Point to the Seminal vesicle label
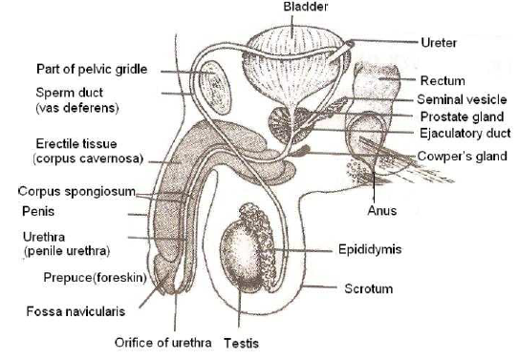pos(459,98)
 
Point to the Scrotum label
pos(369,287)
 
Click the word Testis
pos(243,341)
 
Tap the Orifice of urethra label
pos(162,341)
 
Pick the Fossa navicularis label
pos(72,310)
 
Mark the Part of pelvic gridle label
pos(93,70)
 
